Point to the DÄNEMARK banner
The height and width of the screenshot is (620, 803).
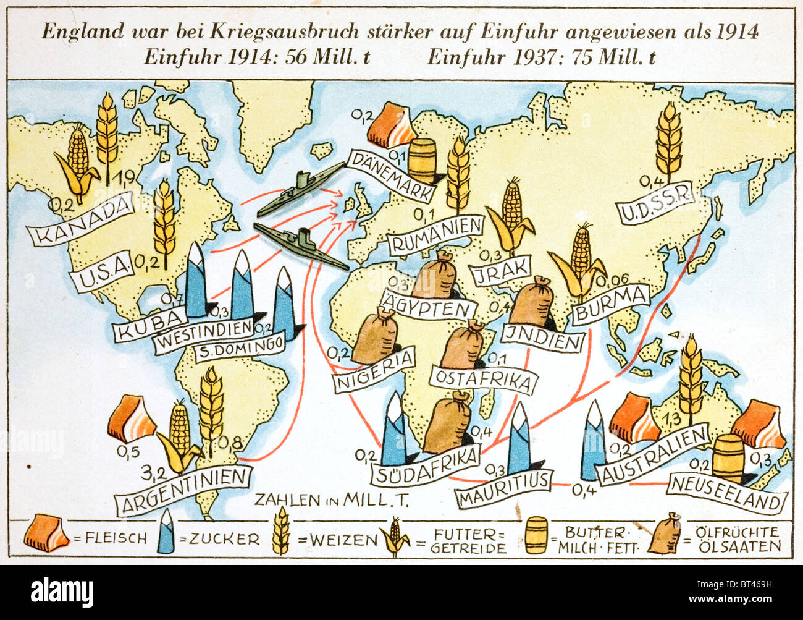(x=391, y=176)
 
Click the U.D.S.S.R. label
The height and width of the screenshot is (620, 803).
(x=657, y=207)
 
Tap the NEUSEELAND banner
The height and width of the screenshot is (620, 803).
(x=726, y=493)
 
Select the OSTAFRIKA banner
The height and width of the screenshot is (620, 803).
(x=482, y=379)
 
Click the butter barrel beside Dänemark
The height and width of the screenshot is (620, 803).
(x=423, y=159)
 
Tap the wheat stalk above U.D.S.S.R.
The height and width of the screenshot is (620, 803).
(x=668, y=141)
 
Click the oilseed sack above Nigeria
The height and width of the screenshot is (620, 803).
(x=374, y=337)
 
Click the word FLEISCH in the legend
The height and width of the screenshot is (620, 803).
(x=110, y=538)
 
